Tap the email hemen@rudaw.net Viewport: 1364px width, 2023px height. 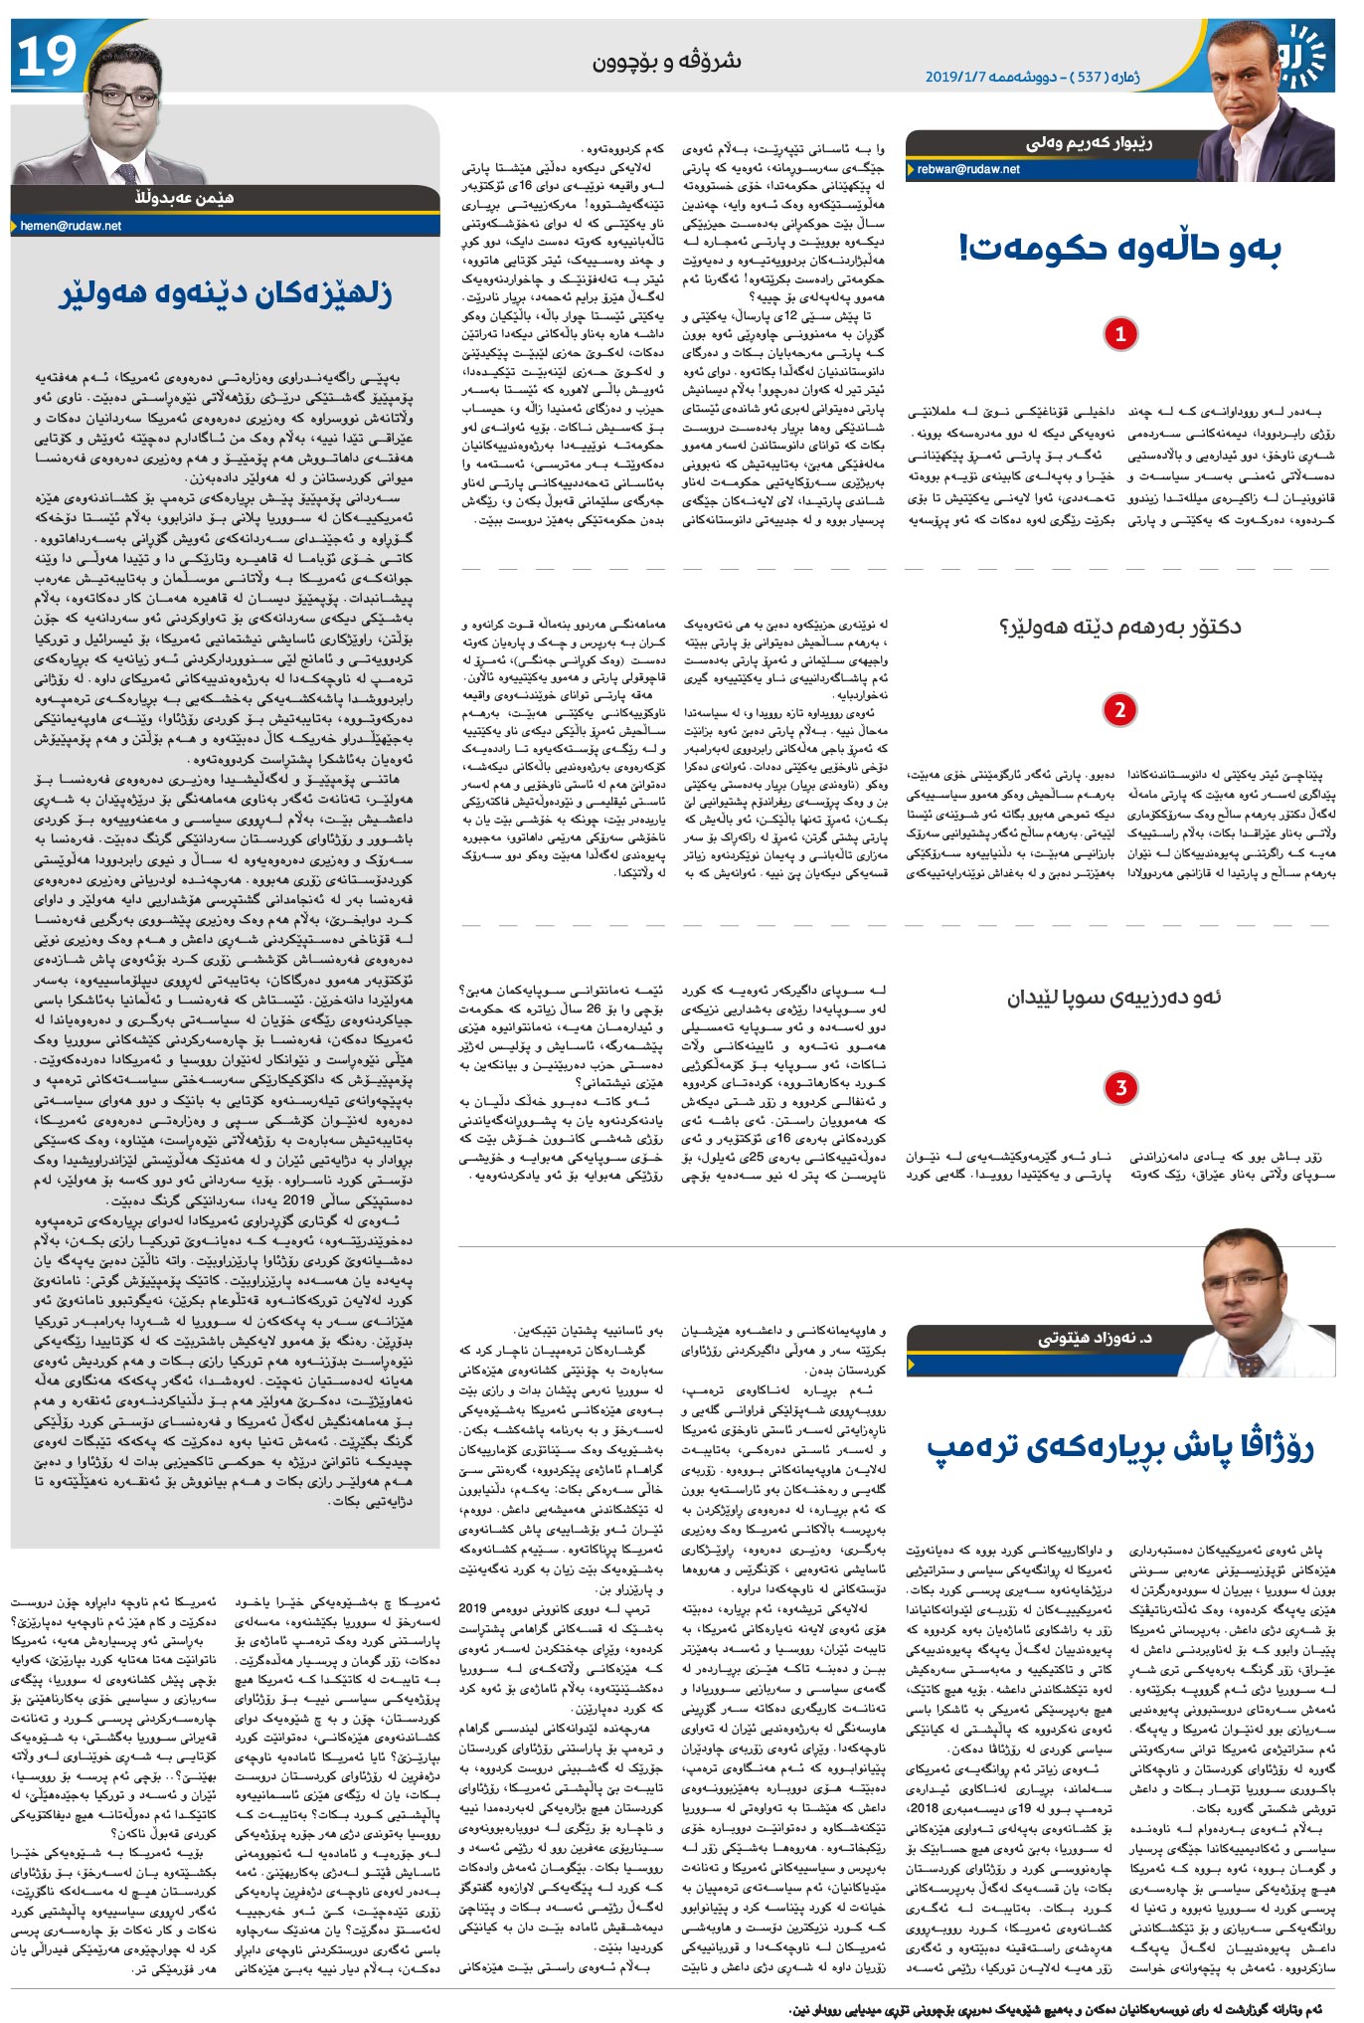click(71, 226)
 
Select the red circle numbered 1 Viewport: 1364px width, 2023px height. click(1120, 334)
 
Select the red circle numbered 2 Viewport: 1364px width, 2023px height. click(1120, 710)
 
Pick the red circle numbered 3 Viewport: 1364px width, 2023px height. click(1120, 1087)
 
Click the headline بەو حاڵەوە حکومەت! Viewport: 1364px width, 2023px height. click(1120, 248)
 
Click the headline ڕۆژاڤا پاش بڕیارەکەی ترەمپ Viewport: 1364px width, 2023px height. click(1120, 1449)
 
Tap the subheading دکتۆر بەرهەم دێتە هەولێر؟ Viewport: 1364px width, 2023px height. click(1120, 627)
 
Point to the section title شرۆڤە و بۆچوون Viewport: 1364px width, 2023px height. click(667, 62)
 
